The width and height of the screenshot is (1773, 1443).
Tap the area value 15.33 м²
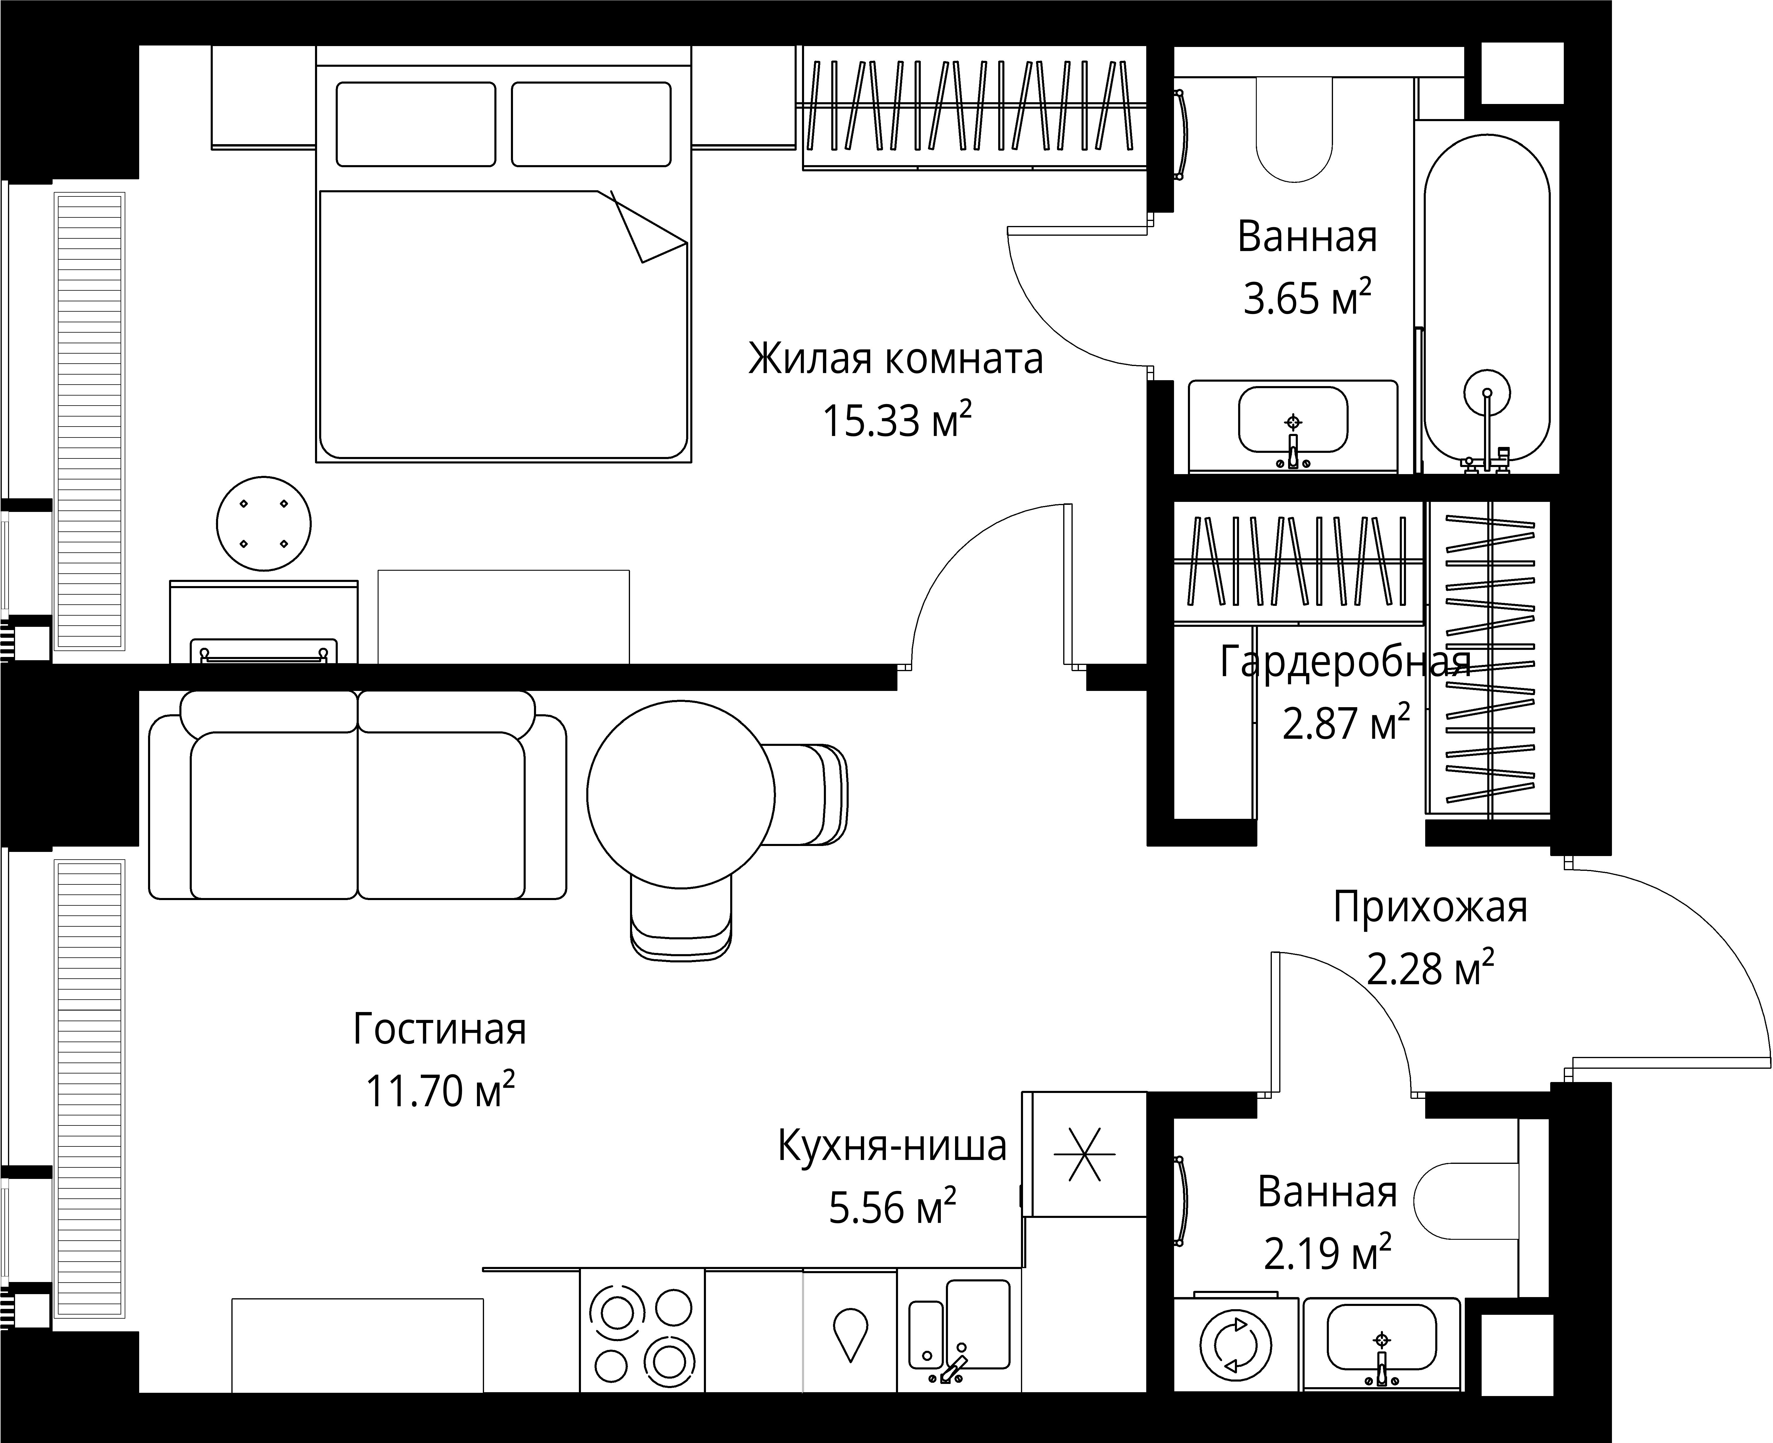click(x=897, y=420)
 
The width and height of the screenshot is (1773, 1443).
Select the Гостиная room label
click(x=440, y=1029)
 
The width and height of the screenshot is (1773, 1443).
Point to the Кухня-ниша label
click(x=892, y=1146)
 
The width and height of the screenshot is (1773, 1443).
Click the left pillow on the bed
click(x=416, y=124)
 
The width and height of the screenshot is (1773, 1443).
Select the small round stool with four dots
click(x=264, y=524)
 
